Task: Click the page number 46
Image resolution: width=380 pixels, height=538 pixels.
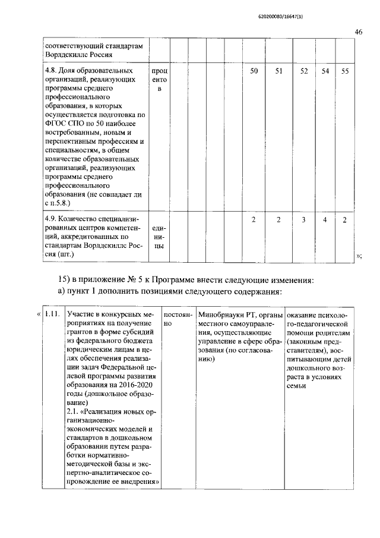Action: [358, 32]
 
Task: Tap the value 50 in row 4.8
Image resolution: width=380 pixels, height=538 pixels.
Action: [254, 71]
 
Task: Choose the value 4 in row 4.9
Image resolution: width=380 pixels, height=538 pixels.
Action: [325, 221]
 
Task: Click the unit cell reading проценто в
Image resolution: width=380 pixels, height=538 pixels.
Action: [160, 80]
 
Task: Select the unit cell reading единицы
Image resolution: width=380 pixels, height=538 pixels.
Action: [159, 237]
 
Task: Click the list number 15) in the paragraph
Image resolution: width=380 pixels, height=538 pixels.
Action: [64, 279]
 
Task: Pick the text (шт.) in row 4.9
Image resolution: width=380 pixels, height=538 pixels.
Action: [55, 254]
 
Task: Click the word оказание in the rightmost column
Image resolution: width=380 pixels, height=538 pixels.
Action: [304, 313]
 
